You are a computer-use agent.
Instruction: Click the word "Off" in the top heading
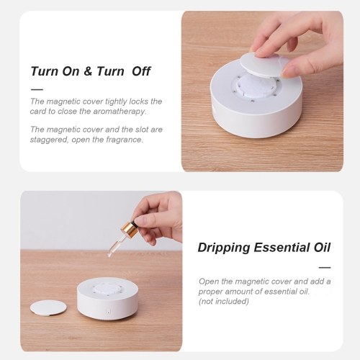tap(141, 71)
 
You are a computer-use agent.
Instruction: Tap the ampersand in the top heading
tap(88, 71)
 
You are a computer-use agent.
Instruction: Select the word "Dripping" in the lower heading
tap(224, 248)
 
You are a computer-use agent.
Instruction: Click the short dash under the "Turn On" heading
tap(37, 90)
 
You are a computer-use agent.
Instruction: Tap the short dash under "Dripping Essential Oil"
tap(325, 267)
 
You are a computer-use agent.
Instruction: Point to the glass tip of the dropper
tap(110, 255)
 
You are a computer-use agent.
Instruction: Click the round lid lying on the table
tap(48, 308)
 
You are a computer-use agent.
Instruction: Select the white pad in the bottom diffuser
tap(107, 287)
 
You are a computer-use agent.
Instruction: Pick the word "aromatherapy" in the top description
tap(120, 112)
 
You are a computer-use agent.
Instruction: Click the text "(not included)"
tap(224, 301)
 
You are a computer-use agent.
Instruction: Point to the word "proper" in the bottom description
tap(210, 292)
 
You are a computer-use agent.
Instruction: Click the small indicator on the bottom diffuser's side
tap(108, 312)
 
